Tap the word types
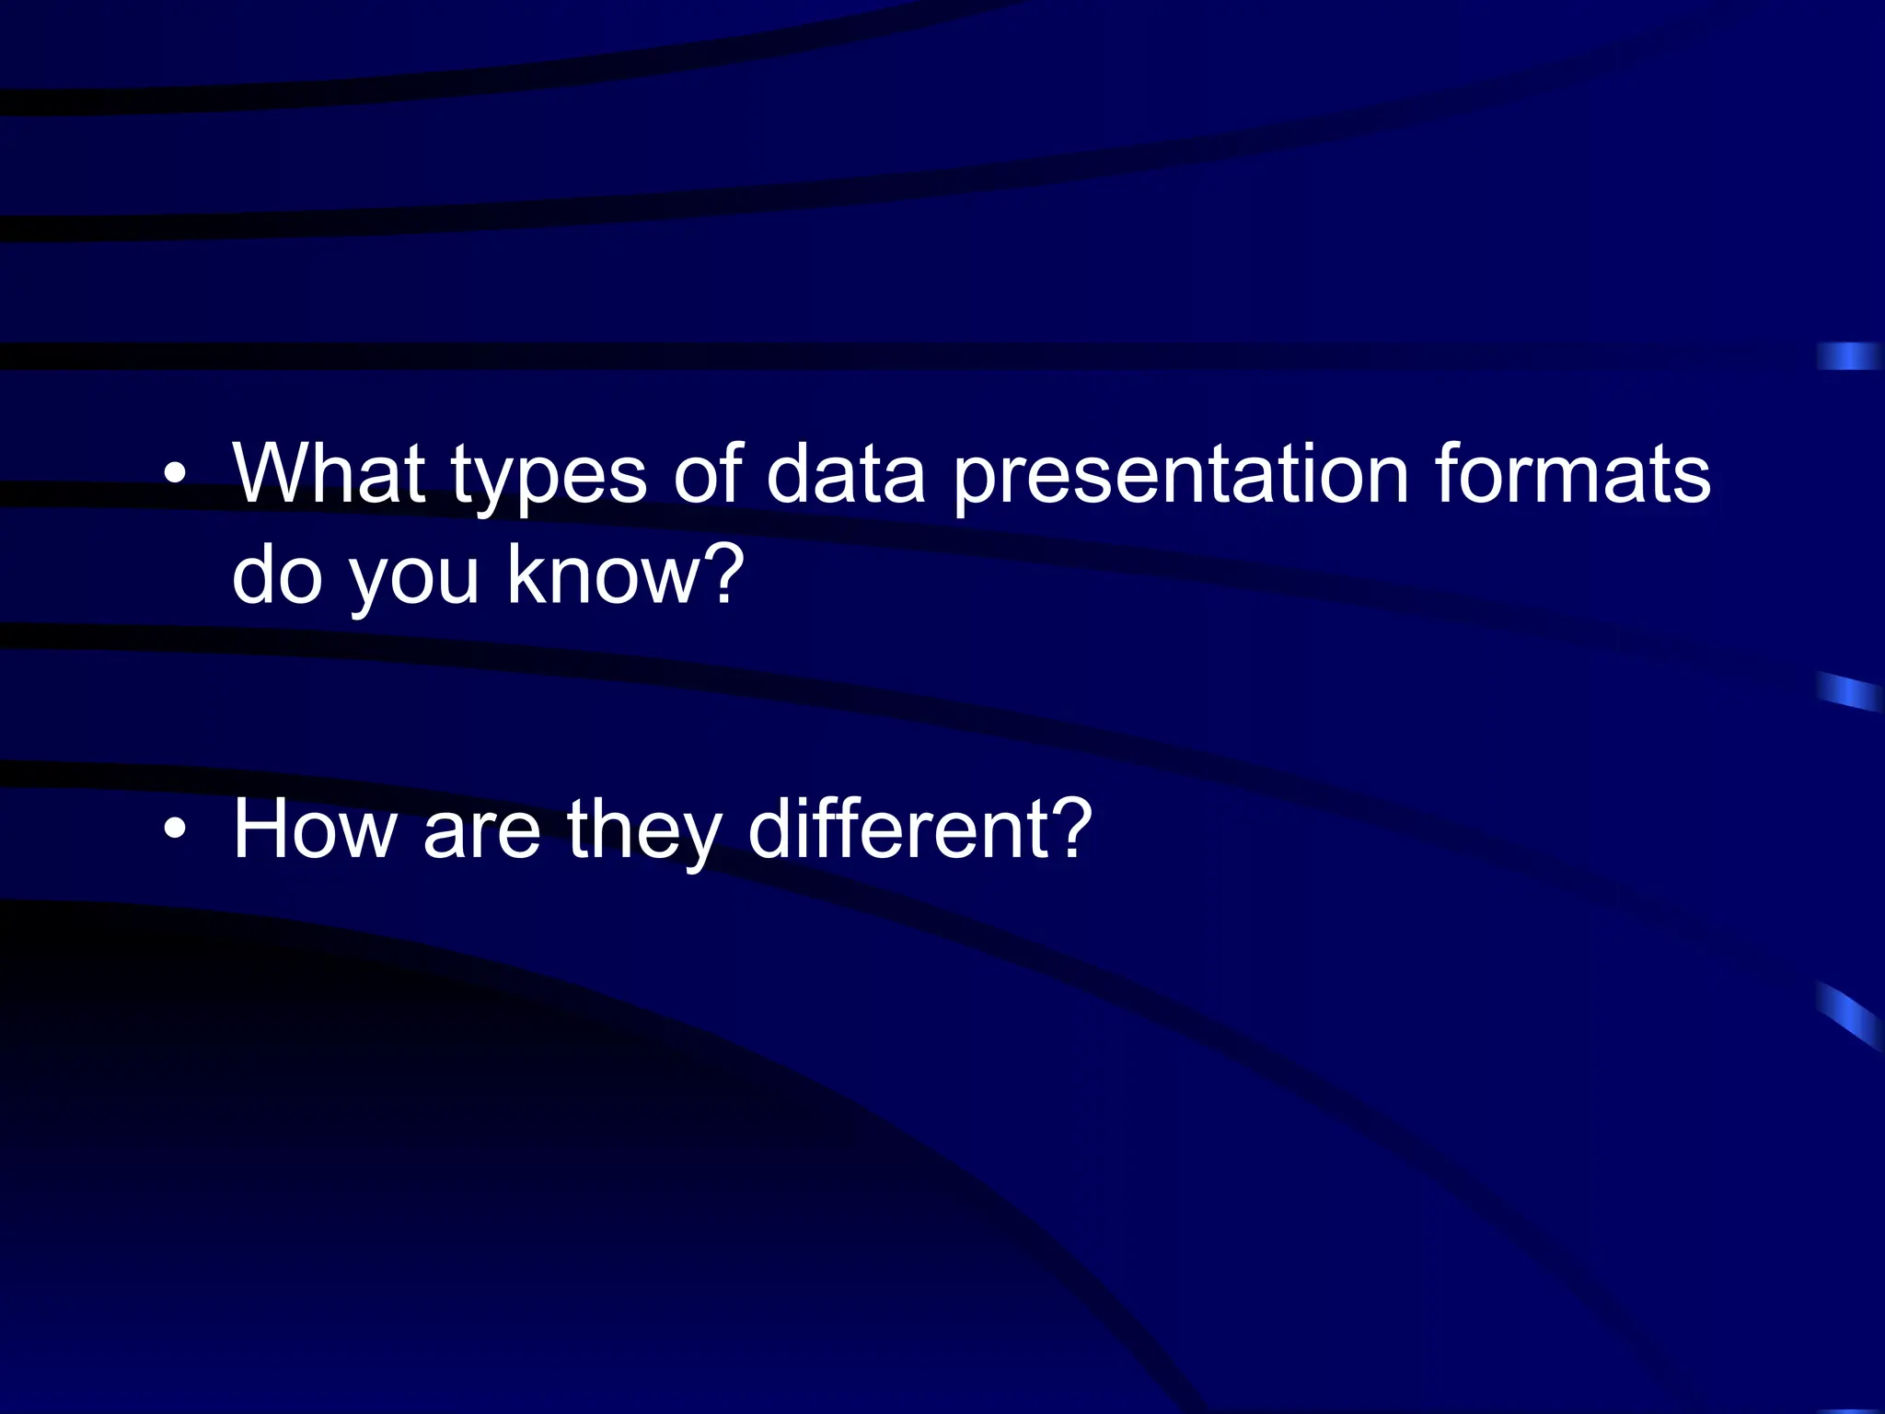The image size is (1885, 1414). tap(549, 479)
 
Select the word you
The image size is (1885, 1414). tap(414, 580)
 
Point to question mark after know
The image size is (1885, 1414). tap(724, 573)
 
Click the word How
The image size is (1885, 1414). tap(316, 829)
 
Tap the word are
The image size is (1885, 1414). tap(480, 834)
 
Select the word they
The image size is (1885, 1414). tap(642, 832)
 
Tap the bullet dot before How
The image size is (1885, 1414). tap(174, 830)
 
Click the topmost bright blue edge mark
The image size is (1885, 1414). tap(1848, 356)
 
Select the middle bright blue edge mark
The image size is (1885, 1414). tap(1849, 691)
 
